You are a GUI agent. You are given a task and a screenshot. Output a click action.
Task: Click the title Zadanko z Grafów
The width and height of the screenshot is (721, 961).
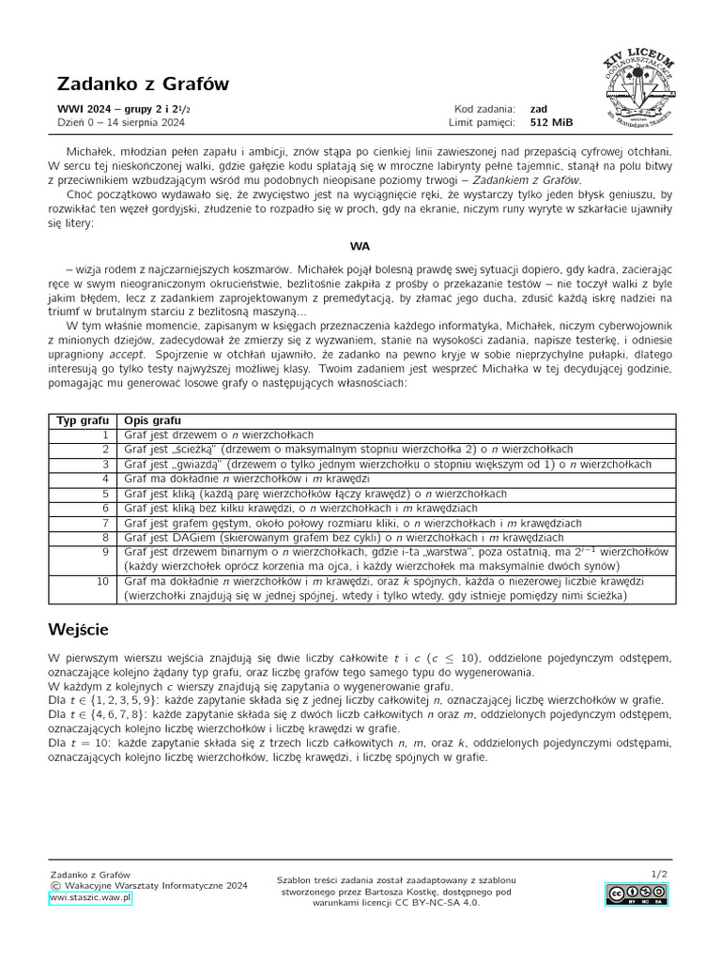tap(143, 84)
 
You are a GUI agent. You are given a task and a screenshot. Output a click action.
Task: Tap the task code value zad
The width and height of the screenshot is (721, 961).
tap(539, 108)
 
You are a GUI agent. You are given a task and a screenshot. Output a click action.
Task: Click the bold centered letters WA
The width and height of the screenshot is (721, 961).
tap(360, 246)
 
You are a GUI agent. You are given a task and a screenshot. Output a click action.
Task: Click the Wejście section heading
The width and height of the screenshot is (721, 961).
tap(90, 629)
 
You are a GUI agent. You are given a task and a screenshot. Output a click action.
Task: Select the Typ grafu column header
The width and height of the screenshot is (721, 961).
tap(83, 420)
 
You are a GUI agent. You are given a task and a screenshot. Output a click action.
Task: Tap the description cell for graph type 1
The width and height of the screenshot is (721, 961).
tap(219, 435)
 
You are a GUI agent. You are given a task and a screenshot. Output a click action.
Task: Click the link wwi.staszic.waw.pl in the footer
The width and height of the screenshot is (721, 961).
tap(91, 898)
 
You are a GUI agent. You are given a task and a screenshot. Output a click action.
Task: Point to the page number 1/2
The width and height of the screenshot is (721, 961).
tap(659, 874)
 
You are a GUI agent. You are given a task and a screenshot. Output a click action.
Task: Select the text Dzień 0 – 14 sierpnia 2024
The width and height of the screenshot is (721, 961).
tap(121, 122)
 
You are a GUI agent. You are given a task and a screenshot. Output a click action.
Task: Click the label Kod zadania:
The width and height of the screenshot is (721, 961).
tap(484, 108)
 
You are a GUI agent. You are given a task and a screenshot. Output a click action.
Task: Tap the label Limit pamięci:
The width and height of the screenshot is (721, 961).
tap(482, 122)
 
